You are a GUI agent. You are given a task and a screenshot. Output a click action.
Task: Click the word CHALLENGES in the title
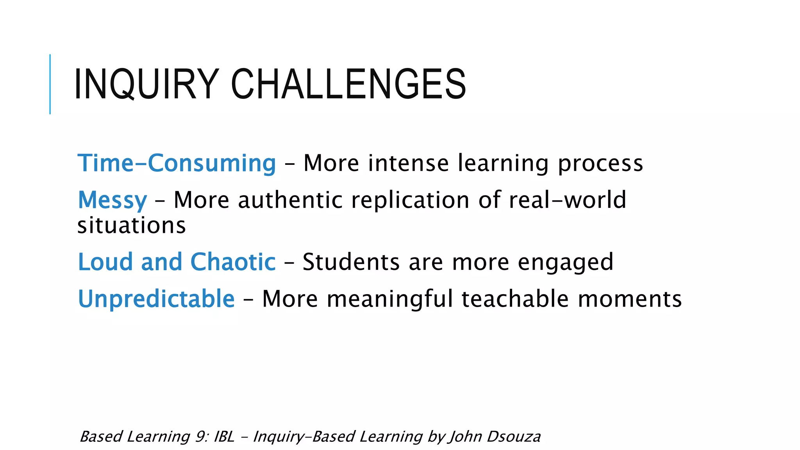pyautogui.click(x=348, y=84)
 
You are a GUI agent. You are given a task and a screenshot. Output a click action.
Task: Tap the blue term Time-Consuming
pyautogui.click(x=177, y=163)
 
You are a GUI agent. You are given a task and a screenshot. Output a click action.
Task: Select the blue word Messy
pyautogui.click(x=112, y=200)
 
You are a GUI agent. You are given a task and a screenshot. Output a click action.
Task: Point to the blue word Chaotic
pyautogui.click(x=233, y=262)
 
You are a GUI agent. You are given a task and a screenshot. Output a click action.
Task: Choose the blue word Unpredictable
pyautogui.click(x=156, y=299)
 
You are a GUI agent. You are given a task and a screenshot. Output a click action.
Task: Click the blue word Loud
pyautogui.click(x=105, y=262)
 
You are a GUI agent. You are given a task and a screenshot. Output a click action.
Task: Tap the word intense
pyautogui.click(x=408, y=163)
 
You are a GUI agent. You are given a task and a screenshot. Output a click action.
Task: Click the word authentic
pyautogui.click(x=291, y=200)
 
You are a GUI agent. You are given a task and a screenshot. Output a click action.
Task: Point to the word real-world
pyautogui.click(x=567, y=200)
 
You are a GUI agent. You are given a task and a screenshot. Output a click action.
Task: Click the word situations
pyautogui.click(x=132, y=226)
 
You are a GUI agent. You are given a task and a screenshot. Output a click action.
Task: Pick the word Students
pyautogui.click(x=351, y=262)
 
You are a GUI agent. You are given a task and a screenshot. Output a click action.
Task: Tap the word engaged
pyautogui.click(x=565, y=262)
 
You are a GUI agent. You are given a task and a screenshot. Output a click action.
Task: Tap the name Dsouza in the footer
pyautogui.click(x=514, y=437)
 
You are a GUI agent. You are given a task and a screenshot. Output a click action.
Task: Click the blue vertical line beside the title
pyautogui.click(x=50, y=84)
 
